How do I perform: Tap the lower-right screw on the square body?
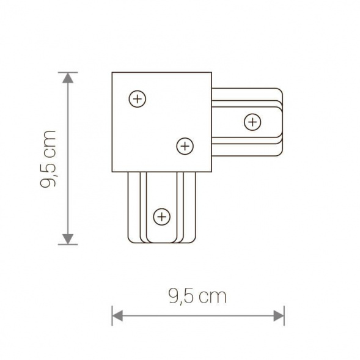185,145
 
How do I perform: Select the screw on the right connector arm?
252,122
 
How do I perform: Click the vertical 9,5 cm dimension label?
48,159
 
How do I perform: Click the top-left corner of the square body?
112,73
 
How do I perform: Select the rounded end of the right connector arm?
282,122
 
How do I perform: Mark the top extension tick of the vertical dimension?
68,72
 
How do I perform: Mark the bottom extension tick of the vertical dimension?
68,244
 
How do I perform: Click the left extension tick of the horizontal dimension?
112,316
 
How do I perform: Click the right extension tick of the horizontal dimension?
284,316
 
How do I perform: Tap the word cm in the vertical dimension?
48,142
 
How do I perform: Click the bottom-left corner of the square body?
112,172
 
